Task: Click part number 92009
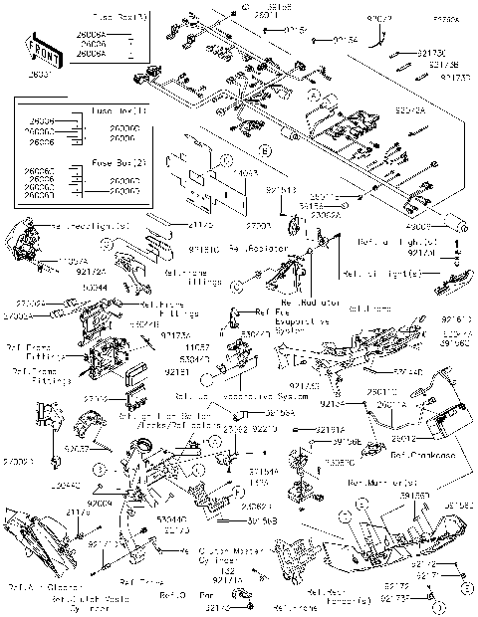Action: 101,505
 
